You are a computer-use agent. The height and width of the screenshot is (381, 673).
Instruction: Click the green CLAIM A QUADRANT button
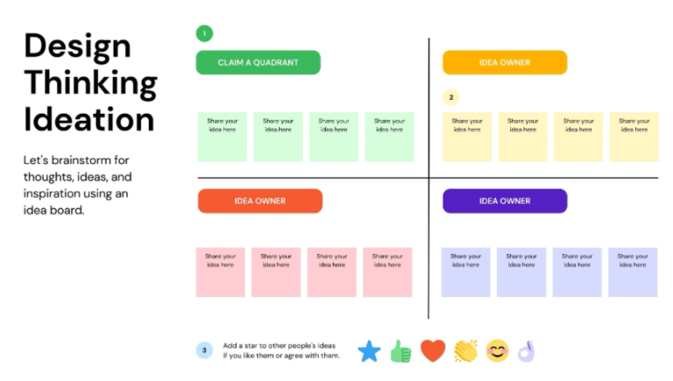coord(258,62)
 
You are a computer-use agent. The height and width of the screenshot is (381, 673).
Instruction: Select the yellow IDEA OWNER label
coord(504,62)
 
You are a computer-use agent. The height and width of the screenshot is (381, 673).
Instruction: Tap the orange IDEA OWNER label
coord(259,201)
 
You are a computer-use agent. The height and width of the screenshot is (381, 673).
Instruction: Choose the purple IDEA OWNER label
coord(504,201)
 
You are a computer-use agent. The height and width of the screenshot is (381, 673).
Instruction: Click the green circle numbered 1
coord(204,33)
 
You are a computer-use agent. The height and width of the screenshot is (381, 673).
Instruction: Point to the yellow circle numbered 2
coord(450,97)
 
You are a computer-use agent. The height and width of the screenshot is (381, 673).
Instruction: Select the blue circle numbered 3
coord(204,350)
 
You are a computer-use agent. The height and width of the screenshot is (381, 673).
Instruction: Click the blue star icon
coord(369,351)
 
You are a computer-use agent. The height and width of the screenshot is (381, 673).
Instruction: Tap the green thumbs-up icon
coord(400,351)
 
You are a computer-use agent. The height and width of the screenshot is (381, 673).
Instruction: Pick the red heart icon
coord(433,351)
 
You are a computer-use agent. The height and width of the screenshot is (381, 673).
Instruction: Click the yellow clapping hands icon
coord(465,351)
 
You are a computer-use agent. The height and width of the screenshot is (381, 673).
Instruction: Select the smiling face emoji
coord(497,351)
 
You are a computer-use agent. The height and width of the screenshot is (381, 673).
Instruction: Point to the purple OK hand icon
coord(526,351)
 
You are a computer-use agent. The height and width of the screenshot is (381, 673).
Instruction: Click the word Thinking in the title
coord(90,83)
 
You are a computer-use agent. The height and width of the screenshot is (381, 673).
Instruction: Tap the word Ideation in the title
coord(89,119)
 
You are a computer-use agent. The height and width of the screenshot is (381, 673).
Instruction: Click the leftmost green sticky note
coord(222,137)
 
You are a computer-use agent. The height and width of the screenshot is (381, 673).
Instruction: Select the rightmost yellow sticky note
coord(634,137)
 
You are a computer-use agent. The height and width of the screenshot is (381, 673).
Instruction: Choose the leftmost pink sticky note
coord(220,272)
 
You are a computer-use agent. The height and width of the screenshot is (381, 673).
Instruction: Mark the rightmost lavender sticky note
coord(633,272)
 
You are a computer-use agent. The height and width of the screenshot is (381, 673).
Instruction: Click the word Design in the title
coord(77,46)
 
